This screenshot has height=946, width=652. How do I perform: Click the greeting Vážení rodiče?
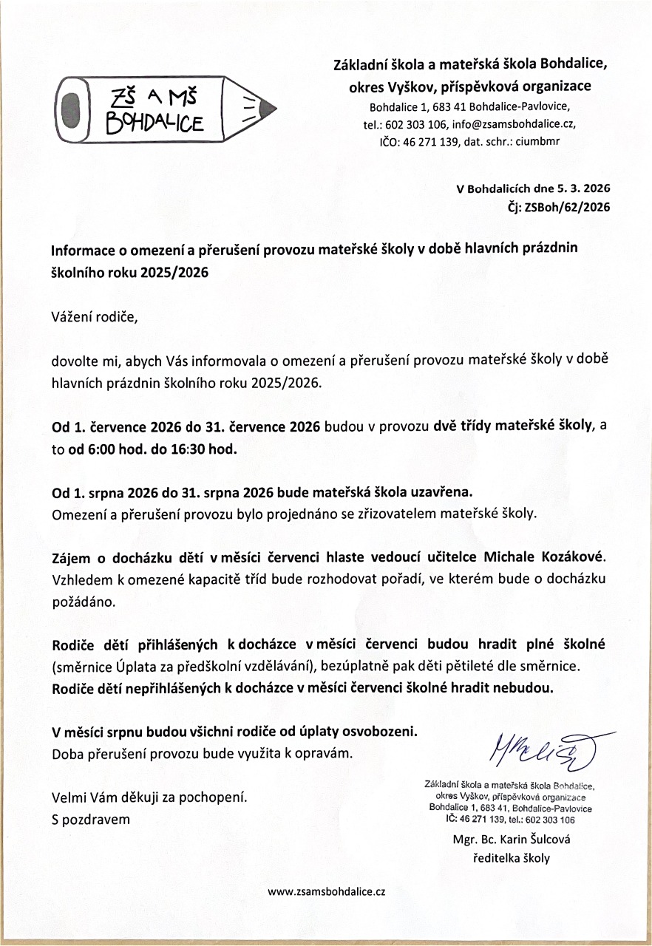tap(94, 318)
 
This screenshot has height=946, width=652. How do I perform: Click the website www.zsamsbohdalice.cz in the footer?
tap(326, 892)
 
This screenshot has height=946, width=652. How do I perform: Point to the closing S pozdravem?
tap(90, 819)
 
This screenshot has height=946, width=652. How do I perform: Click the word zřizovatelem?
tap(395, 513)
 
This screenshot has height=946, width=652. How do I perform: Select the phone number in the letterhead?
tap(416, 124)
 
